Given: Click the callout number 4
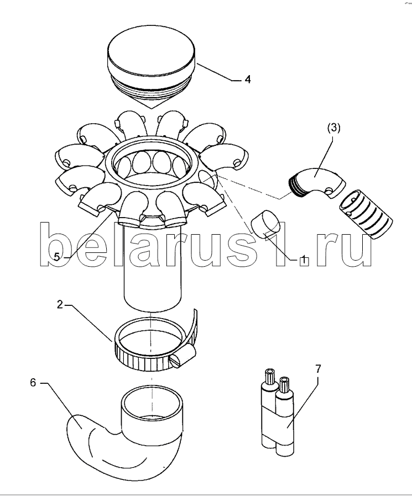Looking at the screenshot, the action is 248,80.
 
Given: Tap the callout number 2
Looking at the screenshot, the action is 60,305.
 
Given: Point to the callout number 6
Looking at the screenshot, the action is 33,383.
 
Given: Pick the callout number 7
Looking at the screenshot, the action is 318,369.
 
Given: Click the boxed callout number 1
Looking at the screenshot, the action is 304,260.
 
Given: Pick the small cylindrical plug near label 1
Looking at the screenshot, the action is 265,224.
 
